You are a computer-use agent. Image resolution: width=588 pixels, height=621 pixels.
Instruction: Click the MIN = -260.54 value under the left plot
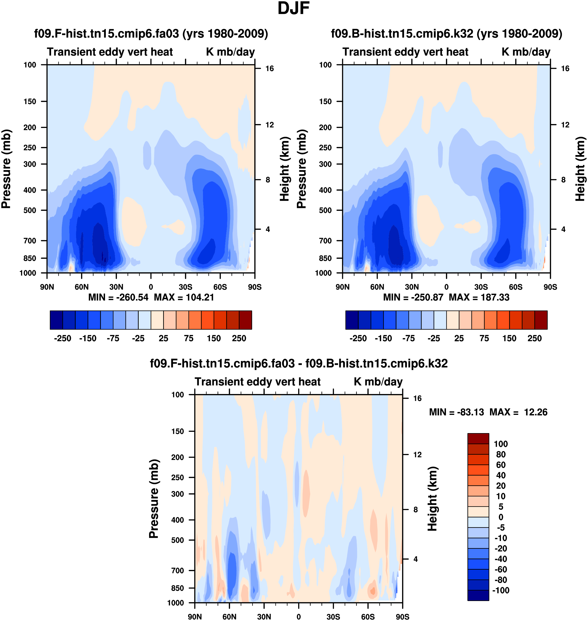tap(118, 297)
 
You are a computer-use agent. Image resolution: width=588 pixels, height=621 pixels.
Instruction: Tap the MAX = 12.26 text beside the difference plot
tap(518, 412)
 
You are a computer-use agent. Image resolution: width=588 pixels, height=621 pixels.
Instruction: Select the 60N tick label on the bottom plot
tap(229, 617)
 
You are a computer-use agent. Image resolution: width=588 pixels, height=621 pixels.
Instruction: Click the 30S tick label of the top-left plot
tap(186, 287)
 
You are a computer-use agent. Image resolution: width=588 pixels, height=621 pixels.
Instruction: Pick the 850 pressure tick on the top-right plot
tap(325, 258)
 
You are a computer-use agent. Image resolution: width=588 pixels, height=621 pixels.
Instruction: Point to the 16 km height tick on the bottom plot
tap(417, 398)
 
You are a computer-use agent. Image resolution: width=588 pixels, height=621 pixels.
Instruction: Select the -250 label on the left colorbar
tap(63, 339)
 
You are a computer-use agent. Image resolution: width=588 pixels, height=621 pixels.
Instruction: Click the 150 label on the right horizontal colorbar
tap(509, 339)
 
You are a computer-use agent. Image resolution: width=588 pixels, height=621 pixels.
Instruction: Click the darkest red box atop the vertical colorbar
tap(478, 438)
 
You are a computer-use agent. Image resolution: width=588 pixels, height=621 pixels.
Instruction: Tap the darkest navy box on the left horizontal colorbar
tap(56, 320)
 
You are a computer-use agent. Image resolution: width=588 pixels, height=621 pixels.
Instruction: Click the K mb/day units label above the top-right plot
tap(526, 52)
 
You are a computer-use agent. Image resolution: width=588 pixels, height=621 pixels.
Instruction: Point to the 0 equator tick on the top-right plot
tap(446, 287)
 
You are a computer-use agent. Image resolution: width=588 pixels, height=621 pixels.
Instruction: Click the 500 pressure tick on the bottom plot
tap(177, 540)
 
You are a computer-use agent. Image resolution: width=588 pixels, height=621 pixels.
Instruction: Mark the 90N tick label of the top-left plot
tap(47, 287)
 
